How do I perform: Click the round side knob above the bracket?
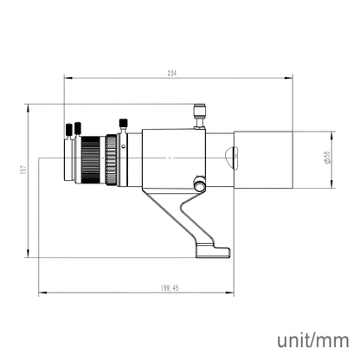[201, 184]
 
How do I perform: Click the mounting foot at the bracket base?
[217, 250]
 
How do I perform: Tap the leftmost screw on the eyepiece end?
[67, 131]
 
